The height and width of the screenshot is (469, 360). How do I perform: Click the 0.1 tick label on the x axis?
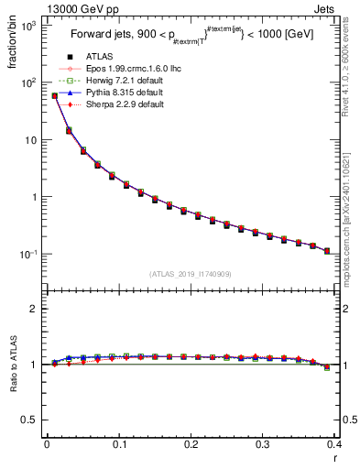118,444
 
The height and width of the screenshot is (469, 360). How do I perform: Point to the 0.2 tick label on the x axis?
191,444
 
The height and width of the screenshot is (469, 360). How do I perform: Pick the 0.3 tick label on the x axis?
262,444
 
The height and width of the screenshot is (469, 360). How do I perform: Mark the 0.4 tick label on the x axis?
333,444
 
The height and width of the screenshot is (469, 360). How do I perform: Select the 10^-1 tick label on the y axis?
28,254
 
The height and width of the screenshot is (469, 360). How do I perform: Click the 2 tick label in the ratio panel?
35,309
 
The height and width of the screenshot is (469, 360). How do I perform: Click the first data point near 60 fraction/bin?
54,95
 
